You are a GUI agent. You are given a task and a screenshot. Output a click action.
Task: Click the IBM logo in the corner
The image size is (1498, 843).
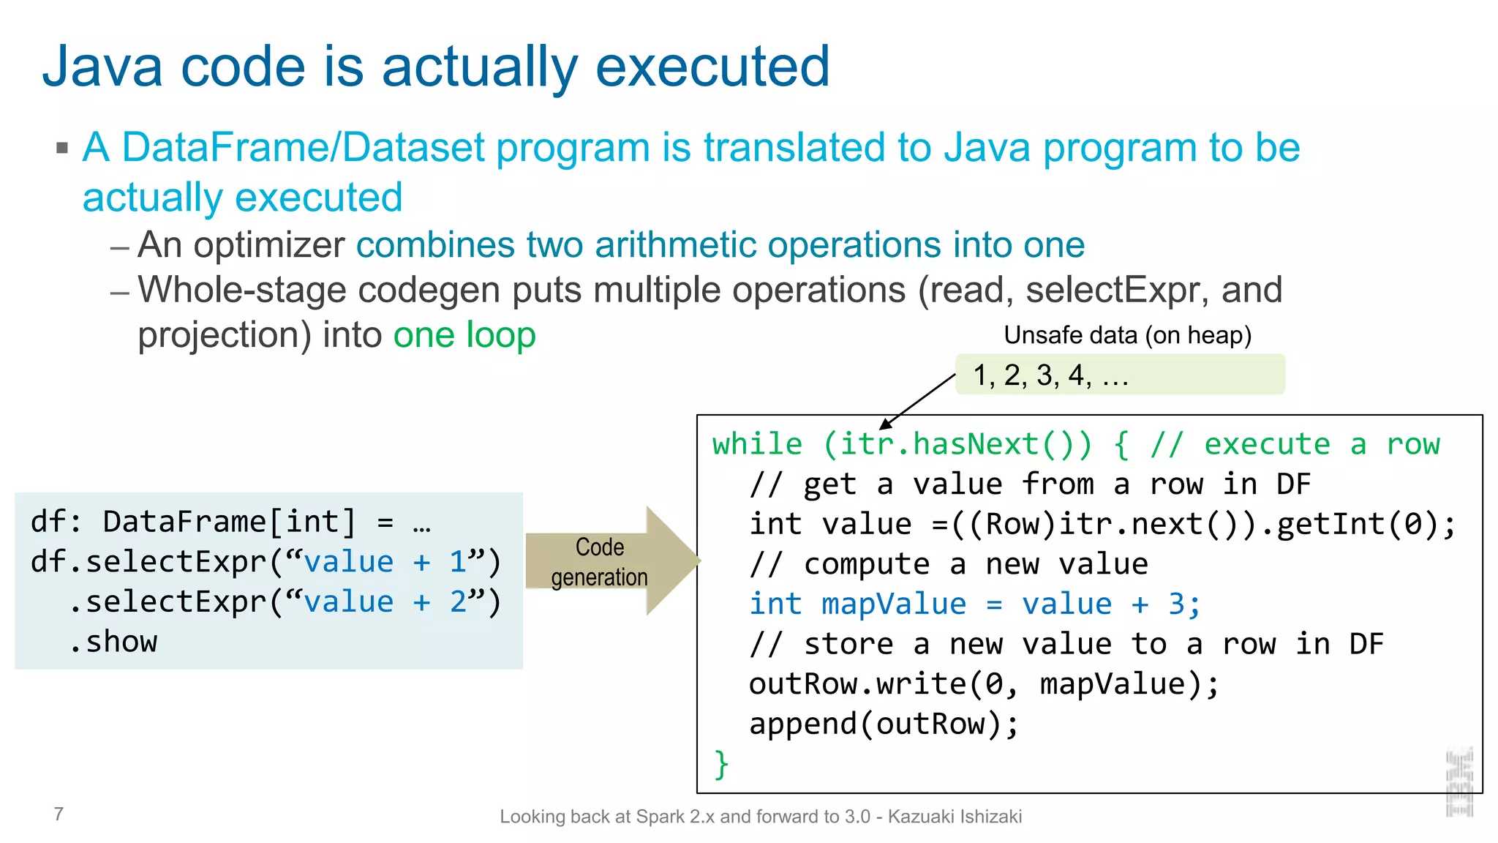point(1459,782)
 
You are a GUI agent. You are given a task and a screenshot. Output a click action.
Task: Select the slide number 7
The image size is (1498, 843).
point(59,814)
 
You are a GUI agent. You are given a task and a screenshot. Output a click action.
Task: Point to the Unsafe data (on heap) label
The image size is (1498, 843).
point(1127,335)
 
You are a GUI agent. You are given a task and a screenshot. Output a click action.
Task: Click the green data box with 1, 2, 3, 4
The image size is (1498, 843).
point(1119,375)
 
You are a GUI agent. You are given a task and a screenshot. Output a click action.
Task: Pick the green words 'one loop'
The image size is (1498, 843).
point(464,335)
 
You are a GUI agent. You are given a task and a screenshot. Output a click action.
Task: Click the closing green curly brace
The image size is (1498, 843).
point(721,764)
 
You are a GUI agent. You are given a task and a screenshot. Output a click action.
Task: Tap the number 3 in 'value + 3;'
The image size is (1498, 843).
point(1176,604)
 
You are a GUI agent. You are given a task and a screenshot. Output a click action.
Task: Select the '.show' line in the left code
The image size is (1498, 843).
point(114,642)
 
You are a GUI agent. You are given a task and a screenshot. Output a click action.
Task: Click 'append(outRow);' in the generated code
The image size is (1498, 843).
point(884,724)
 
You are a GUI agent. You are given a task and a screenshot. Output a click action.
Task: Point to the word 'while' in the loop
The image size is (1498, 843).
point(757,445)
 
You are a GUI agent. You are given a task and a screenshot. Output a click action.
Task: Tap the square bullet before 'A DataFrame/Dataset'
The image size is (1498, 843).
point(62,149)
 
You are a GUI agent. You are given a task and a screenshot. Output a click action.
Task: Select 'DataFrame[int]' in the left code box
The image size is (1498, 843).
point(229,522)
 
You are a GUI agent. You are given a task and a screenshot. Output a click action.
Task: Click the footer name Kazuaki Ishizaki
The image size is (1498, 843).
point(955,817)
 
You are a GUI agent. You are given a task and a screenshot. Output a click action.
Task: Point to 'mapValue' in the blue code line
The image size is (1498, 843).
point(893,604)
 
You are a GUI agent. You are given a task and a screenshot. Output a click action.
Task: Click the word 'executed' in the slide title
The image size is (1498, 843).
point(712,67)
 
